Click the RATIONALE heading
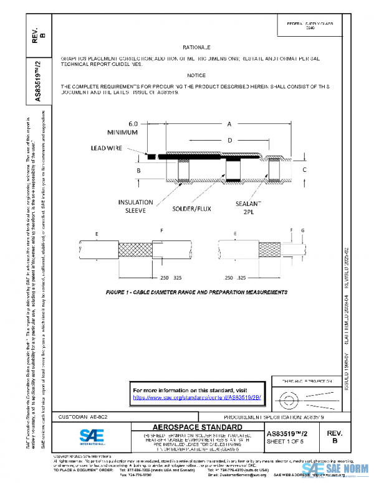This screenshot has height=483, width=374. point(196,47)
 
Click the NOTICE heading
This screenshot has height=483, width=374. point(196,75)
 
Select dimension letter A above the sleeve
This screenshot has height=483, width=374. point(229,124)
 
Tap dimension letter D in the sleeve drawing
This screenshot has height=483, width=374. point(229,141)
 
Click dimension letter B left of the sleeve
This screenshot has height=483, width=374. point(138,170)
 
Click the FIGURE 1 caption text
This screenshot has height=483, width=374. point(191,291)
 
